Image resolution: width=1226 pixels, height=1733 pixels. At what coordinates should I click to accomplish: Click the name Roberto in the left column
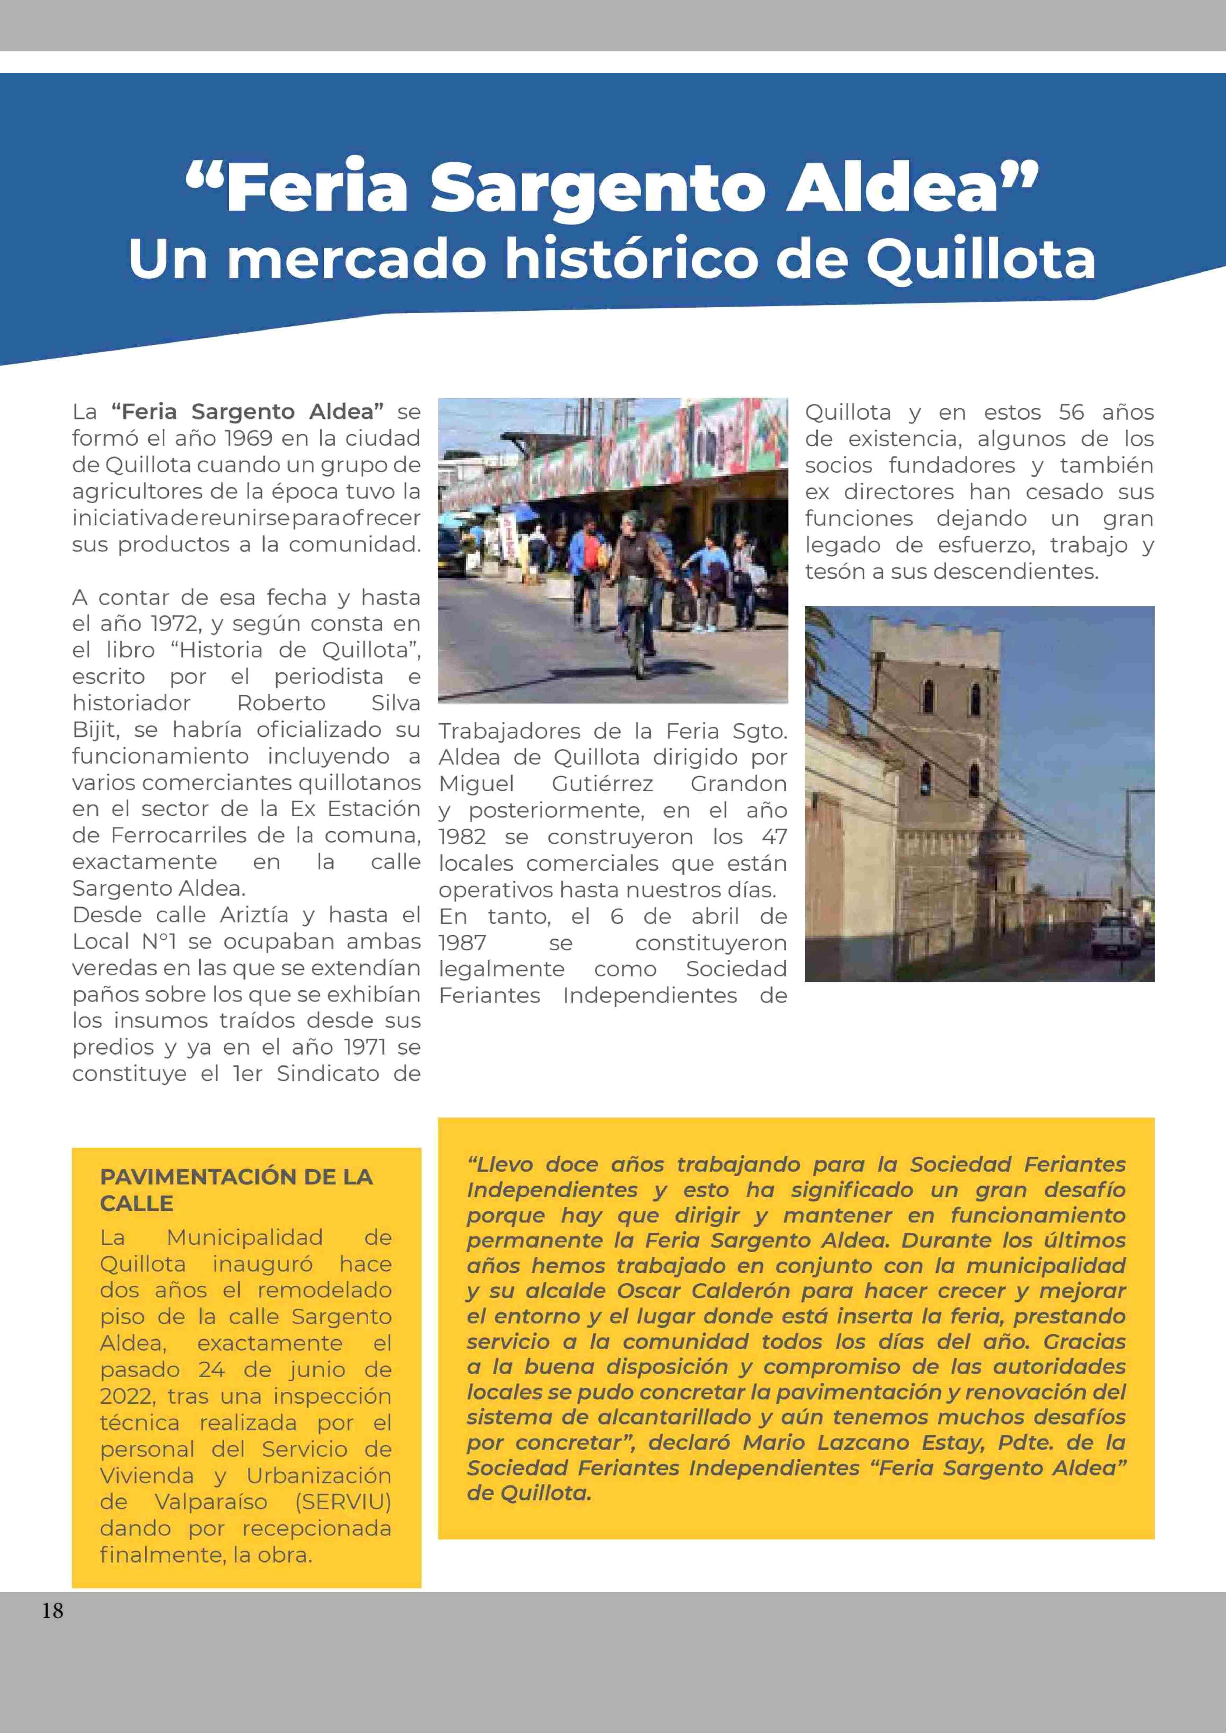tap(281, 703)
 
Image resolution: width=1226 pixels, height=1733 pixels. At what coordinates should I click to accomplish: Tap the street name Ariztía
tap(254, 915)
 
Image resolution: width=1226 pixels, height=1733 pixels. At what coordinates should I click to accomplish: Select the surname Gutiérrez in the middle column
tap(603, 784)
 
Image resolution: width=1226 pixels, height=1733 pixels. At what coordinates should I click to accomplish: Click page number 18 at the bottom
tap(52, 1611)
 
